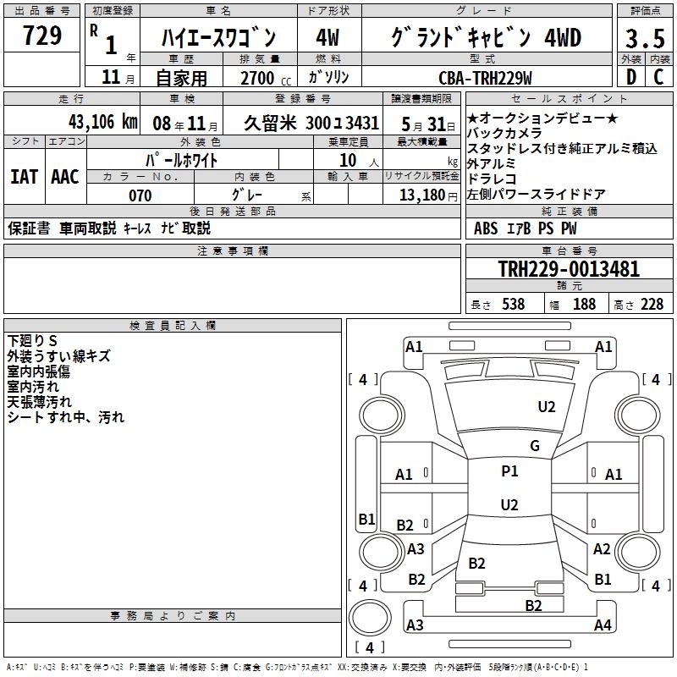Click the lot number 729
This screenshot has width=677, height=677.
(42, 36)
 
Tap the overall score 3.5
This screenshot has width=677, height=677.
(645, 39)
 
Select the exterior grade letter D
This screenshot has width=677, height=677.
(631, 77)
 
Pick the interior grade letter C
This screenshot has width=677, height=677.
(658, 77)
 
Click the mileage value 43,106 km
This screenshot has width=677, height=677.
(102, 122)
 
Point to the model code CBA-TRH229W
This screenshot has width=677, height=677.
(485, 78)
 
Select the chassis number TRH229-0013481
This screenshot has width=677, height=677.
(569, 269)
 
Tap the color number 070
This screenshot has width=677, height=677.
(140, 195)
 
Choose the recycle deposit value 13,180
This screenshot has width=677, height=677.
(422, 195)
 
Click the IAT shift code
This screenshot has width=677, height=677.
(25, 177)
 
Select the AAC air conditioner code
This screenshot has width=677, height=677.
(65, 177)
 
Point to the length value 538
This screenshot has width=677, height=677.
(514, 305)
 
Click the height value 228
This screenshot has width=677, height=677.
(652, 305)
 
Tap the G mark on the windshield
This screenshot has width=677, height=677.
(535, 446)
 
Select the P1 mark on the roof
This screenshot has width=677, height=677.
(509, 471)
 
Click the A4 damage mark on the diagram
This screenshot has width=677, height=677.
(603, 625)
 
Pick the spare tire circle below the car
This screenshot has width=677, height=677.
(370, 619)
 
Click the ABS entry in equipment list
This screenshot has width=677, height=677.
(485, 228)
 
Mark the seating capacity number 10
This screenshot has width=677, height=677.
(348, 161)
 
